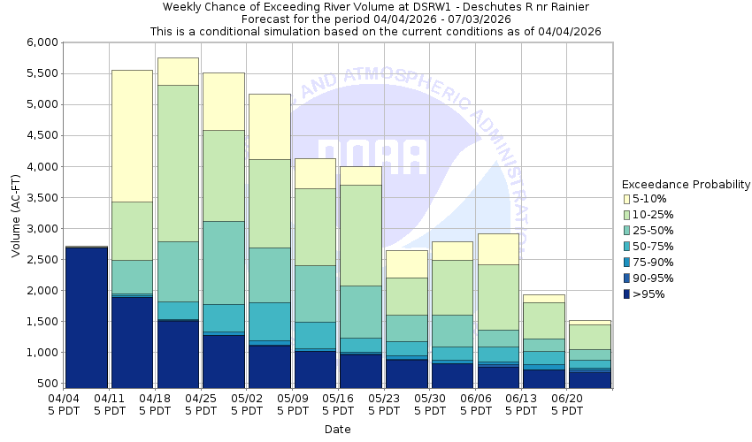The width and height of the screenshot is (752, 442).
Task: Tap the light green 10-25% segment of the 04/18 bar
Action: (x=178, y=163)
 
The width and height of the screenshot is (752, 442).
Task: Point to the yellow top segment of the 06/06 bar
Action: (x=497, y=248)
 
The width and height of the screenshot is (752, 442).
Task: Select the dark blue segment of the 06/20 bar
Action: (x=588, y=379)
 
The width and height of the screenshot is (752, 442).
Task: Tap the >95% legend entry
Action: (x=650, y=294)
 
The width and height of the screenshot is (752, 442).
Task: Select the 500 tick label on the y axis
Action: (x=48, y=384)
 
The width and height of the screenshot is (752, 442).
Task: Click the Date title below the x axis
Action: (x=337, y=430)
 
